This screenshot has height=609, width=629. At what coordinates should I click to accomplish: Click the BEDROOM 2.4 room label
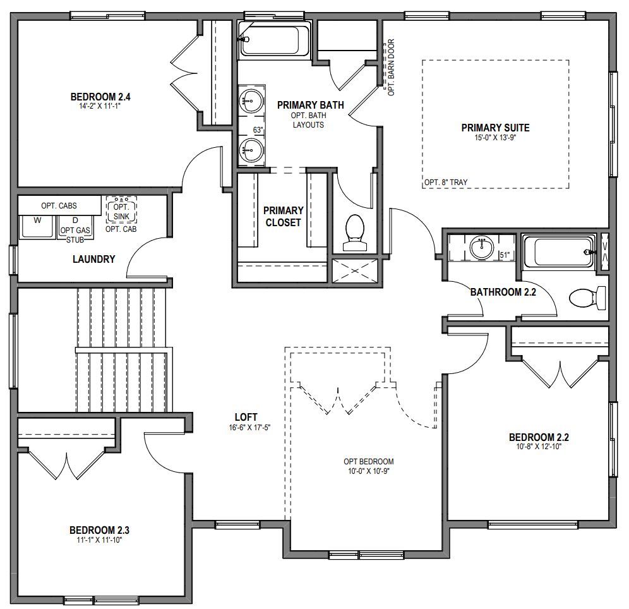(95, 97)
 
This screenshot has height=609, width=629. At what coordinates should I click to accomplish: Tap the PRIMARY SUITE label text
(495, 128)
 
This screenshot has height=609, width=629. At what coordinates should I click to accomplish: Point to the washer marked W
(37, 226)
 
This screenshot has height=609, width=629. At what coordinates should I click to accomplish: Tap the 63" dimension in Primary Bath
(258, 130)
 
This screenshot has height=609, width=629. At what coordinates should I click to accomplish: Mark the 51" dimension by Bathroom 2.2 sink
(505, 255)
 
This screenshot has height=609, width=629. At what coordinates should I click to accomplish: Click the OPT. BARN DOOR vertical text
(391, 68)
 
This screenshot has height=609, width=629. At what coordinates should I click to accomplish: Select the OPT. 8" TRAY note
(446, 183)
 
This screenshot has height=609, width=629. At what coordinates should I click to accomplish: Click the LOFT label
(246, 417)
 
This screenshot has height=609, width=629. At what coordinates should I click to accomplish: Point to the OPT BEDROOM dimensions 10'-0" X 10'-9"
(369, 471)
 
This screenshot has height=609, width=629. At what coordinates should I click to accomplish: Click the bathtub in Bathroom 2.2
(560, 251)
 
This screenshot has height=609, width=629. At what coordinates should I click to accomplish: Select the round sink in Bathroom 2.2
(482, 247)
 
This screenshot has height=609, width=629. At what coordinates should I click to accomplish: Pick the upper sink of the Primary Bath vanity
(251, 100)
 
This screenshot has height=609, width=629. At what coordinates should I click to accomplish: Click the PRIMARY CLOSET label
(284, 216)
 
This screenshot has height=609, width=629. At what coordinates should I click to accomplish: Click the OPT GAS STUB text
(76, 234)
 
